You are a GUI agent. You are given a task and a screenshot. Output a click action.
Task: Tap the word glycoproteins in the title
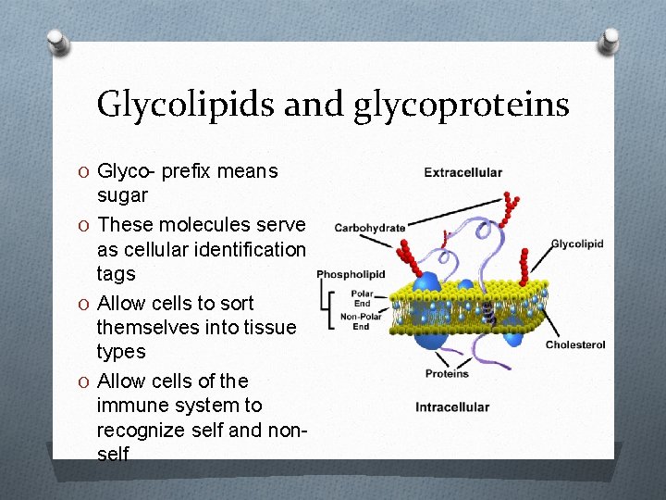(461, 105)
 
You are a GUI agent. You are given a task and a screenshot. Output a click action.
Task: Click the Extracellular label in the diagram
(462, 172)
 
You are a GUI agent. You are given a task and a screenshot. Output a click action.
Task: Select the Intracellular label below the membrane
(452, 407)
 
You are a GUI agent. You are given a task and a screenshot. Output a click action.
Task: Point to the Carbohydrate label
(369, 228)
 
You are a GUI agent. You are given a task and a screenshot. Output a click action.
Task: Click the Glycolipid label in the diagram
(577, 244)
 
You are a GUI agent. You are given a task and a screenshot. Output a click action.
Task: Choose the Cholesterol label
(575, 345)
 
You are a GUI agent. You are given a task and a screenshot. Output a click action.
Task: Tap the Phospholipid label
(351, 274)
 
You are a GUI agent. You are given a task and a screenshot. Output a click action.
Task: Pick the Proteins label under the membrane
(447, 374)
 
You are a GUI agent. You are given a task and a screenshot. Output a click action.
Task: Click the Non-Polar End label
(361, 320)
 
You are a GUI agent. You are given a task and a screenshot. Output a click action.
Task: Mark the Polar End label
(362, 298)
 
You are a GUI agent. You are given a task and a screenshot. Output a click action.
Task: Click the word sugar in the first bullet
(122, 195)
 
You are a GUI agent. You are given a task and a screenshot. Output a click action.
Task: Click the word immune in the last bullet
(132, 405)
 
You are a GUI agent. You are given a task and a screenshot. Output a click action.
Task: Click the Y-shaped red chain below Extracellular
(512, 208)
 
